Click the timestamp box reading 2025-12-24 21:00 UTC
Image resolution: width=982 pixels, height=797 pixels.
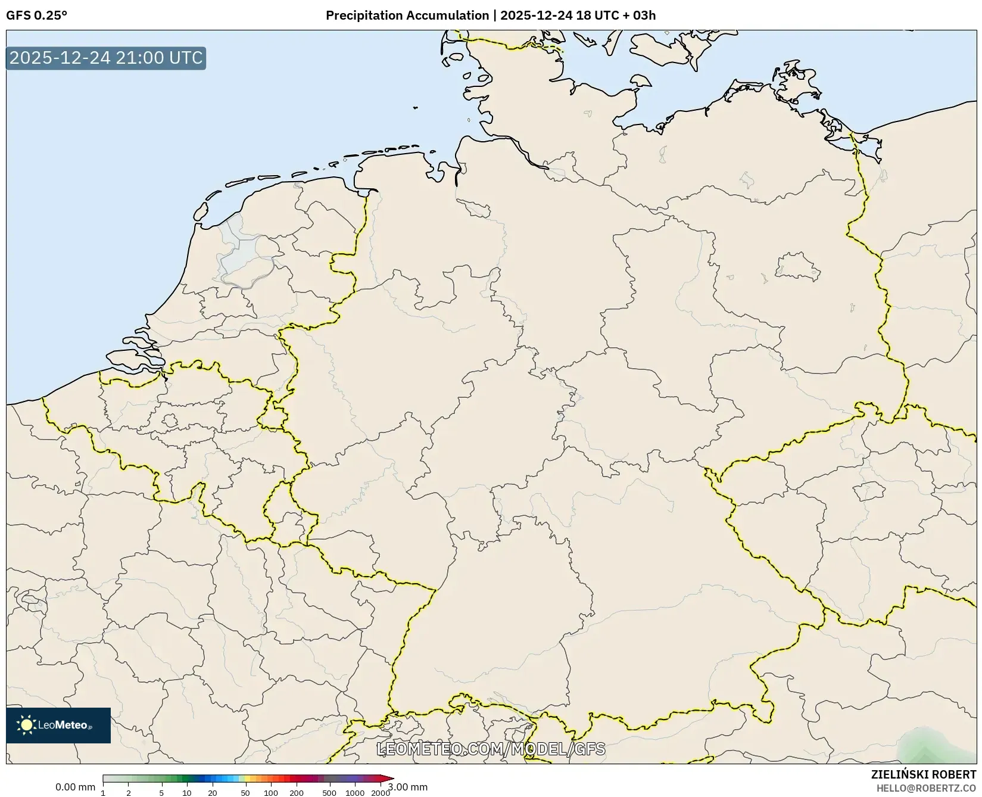(106, 58)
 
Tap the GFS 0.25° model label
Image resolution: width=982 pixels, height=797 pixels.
(36, 15)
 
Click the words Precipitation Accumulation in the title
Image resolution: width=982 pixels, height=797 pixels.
(407, 15)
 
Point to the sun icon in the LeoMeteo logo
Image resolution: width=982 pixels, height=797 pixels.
(26, 725)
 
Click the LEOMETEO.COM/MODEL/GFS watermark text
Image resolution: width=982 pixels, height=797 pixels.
(491, 749)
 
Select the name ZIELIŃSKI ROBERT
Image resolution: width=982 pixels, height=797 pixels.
(923, 775)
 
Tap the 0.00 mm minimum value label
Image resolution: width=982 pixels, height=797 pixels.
(75, 787)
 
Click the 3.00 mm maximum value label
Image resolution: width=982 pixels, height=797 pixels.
(408, 787)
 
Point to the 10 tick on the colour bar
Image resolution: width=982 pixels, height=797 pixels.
(187, 793)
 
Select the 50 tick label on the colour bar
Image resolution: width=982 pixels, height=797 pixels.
(245, 793)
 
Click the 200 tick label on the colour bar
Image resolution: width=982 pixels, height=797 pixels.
(297, 793)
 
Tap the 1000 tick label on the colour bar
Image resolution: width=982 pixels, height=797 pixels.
(355, 793)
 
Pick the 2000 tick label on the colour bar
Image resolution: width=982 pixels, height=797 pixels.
(381, 793)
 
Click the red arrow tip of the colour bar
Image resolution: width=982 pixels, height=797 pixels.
(389, 778)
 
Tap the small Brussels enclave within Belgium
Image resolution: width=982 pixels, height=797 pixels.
(170, 421)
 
